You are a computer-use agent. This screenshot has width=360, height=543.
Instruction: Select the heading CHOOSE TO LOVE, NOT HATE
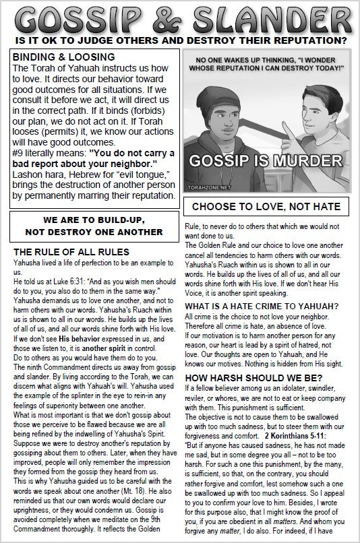[x=266, y=205]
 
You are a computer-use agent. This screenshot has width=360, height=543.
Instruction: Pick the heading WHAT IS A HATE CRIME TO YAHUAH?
[x=262, y=306]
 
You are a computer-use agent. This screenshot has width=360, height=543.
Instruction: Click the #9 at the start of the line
[x=18, y=153]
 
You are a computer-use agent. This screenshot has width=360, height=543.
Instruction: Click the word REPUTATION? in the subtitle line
[x=305, y=41]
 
